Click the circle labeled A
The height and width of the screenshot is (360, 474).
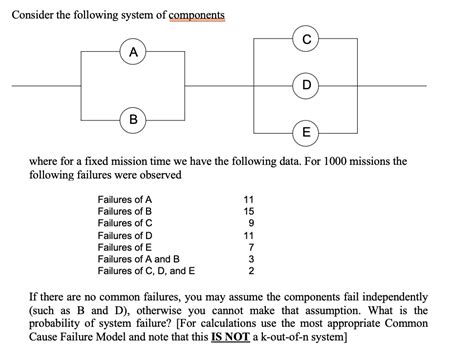click(132, 51)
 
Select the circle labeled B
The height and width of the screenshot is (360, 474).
click(132, 120)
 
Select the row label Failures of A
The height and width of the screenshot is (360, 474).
click(125, 200)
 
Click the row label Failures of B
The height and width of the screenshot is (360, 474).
click(125, 212)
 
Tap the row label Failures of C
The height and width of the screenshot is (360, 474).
click(125, 224)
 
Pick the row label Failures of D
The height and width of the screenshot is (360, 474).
click(125, 236)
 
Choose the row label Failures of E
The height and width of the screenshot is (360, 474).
click(125, 247)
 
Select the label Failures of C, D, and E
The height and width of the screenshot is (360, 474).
click(147, 270)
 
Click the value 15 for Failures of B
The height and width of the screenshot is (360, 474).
click(250, 212)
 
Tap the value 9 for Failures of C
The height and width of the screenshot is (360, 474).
click(253, 224)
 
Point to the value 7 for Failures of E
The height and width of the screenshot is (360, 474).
click(253, 247)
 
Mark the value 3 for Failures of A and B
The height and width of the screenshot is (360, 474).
click(253, 259)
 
